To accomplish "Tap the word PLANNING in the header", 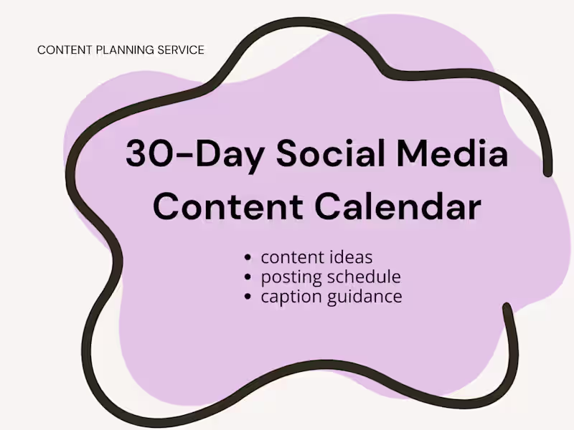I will coord(126,50).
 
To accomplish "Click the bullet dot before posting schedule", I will coord(248,277).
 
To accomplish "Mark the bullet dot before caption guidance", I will coord(248,297).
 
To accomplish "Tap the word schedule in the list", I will coord(363,277).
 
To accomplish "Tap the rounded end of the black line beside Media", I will coord(548,171).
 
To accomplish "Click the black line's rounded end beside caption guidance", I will coord(507,309).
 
